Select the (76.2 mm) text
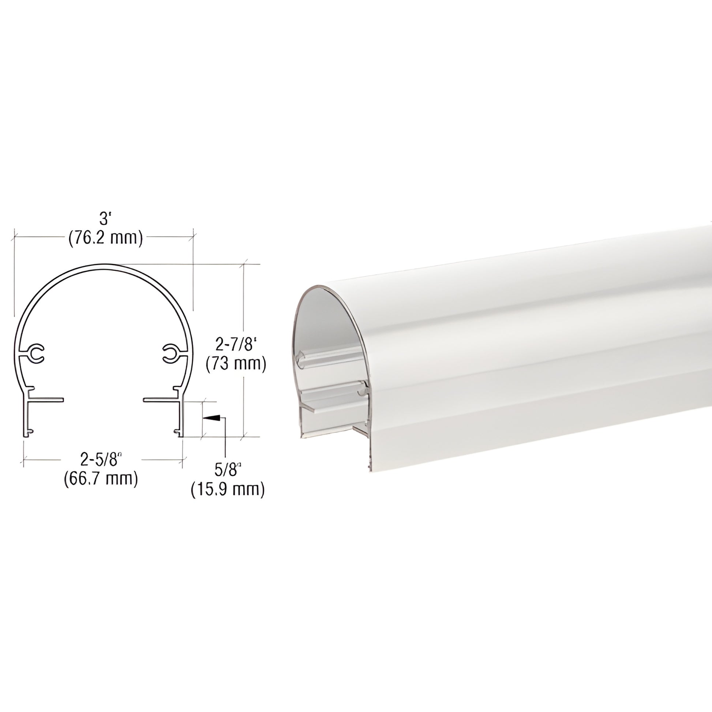(105, 239)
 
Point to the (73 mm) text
(236, 364)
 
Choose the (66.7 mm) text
(101, 478)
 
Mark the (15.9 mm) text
(228, 490)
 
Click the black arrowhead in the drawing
(211, 418)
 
